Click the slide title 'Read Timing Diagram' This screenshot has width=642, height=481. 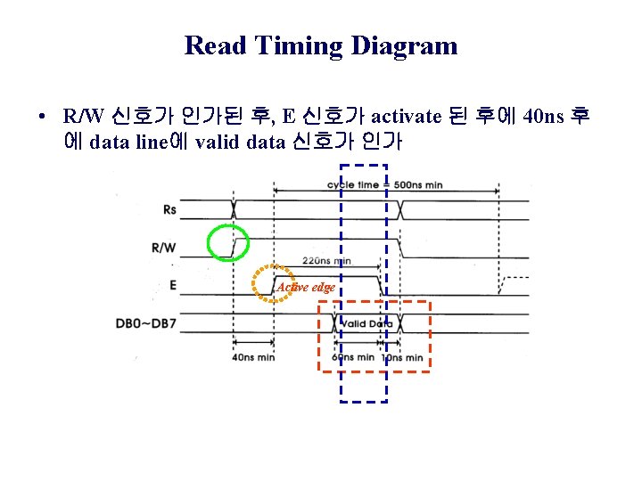point(321,45)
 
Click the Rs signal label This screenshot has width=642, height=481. point(169,210)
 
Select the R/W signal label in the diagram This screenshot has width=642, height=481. point(164,248)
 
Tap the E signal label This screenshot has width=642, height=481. point(171,286)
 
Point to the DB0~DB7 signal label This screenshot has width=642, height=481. point(146,322)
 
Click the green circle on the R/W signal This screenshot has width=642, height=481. point(227,243)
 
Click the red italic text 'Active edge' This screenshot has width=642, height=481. point(305,287)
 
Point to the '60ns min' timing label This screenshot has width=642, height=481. point(353,358)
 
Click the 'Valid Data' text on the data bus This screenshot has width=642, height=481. point(366,323)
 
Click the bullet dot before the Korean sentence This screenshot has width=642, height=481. point(43,117)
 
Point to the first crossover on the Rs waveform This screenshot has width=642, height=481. point(233,210)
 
